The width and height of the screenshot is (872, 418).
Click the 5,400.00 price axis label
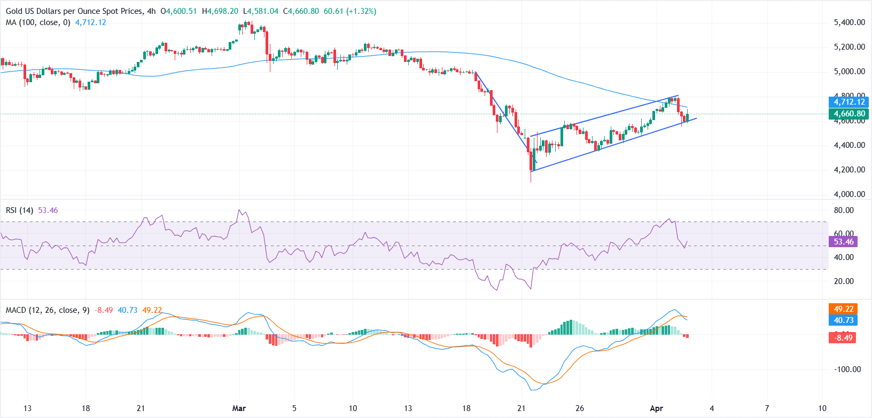point(849,22)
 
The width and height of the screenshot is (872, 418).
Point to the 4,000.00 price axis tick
point(849,194)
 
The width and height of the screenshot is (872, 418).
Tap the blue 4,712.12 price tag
point(849,102)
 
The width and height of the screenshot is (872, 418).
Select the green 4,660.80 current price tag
point(849,114)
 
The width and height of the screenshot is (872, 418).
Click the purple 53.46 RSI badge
point(843,242)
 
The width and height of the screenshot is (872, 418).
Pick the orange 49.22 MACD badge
point(843,309)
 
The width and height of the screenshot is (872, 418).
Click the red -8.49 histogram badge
point(843,337)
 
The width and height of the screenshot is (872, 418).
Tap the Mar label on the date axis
point(239,408)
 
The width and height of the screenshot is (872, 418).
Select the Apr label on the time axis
point(656,408)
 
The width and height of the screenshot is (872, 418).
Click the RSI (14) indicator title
point(19,210)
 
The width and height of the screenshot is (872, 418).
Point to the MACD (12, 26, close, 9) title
point(48,310)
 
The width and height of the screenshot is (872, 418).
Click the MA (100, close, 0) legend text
point(38,22)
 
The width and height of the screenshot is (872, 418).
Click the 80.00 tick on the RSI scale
point(844,210)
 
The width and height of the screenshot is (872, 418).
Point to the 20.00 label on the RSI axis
point(844,281)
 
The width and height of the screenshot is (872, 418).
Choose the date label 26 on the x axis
point(580,408)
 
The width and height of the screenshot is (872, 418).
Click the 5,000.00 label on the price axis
point(849,72)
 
